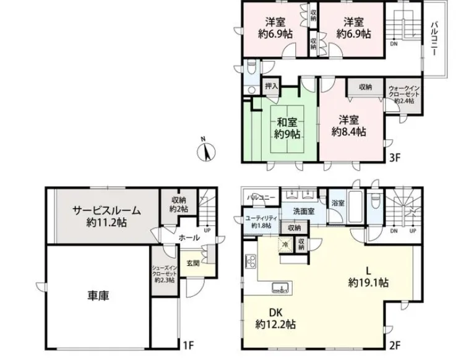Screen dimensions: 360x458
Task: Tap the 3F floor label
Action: [x=395, y=157]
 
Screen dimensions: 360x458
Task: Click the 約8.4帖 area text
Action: [x=348, y=132]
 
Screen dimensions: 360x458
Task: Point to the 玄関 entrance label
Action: [x=192, y=263]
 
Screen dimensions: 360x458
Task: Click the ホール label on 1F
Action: [x=189, y=238]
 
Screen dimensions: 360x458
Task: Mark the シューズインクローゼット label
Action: [x=164, y=273]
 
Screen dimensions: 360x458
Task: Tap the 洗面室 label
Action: [x=304, y=212]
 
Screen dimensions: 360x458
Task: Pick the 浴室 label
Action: [x=338, y=202]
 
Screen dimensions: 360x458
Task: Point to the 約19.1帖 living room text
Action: [x=368, y=283]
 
